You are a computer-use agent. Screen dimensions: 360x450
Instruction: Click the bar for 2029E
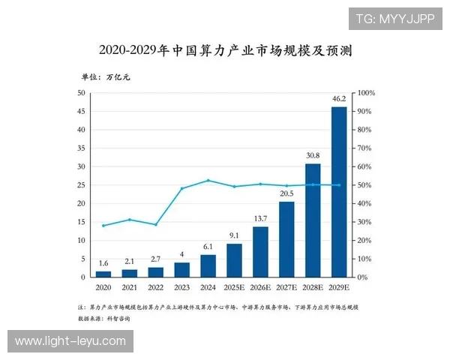(339, 192)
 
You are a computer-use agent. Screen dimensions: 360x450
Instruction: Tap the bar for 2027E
(286, 239)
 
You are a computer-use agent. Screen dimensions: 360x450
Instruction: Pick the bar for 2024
(208, 265)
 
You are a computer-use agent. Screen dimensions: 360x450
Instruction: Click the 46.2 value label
(339, 99)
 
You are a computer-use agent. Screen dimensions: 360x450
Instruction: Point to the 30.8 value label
(313, 156)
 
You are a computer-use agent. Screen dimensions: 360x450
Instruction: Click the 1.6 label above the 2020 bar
(103, 263)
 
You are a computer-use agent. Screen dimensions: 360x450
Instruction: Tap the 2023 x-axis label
(181, 287)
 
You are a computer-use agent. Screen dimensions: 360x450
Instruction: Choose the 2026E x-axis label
(260, 287)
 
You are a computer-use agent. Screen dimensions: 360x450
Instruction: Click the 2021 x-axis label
(129, 287)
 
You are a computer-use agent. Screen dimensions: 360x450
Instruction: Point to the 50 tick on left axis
(81, 93)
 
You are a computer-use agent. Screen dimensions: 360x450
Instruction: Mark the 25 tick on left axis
(81, 185)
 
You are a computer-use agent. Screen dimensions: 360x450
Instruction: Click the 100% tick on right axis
(367, 93)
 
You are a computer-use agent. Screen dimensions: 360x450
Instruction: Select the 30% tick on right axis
(365, 222)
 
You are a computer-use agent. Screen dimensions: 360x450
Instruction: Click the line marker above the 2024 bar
(208, 180)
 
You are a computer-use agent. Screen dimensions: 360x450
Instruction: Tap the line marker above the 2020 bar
(103, 226)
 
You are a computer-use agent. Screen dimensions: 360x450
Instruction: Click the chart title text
(225, 51)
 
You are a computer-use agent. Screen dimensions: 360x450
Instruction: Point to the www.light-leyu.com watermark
(71, 341)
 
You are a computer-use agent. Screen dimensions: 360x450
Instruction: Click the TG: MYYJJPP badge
(394, 18)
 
